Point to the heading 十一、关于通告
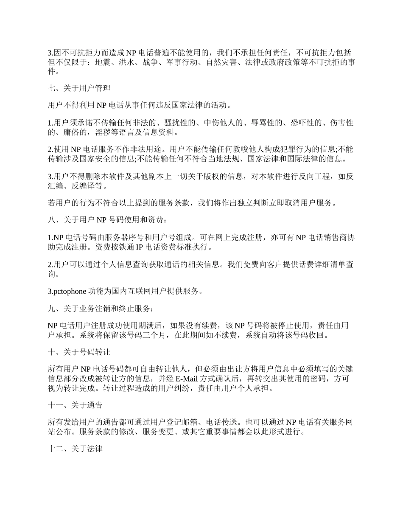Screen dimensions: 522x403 (x=75, y=405)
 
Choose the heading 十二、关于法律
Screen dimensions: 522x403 (x=75, y=449)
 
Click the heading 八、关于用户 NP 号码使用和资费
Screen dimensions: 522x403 (x=107, y=220)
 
